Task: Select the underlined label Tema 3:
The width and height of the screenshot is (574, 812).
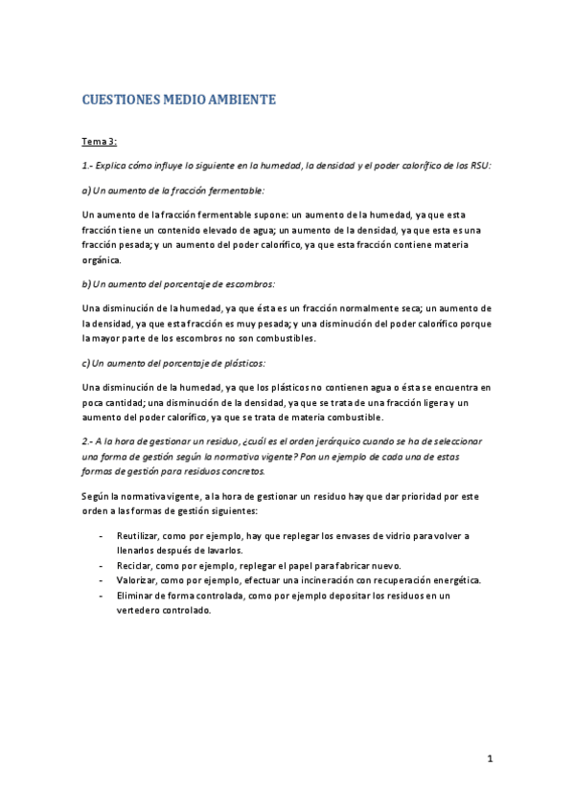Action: click(99, 142)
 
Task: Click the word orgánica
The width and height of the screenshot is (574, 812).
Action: click(102, 259)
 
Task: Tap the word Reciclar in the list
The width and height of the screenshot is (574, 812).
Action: click(136, 566)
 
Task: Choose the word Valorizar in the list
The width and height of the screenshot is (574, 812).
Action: click(139, 580)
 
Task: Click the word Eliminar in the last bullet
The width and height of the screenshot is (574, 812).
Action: click(138, 596)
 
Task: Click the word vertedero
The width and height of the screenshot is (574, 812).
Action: click(140, 611)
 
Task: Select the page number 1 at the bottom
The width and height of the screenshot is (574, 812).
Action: click(489, 759)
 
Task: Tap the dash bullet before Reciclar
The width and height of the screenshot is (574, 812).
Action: click(102, 566)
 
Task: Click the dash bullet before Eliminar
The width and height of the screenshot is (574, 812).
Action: click(102, 596)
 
